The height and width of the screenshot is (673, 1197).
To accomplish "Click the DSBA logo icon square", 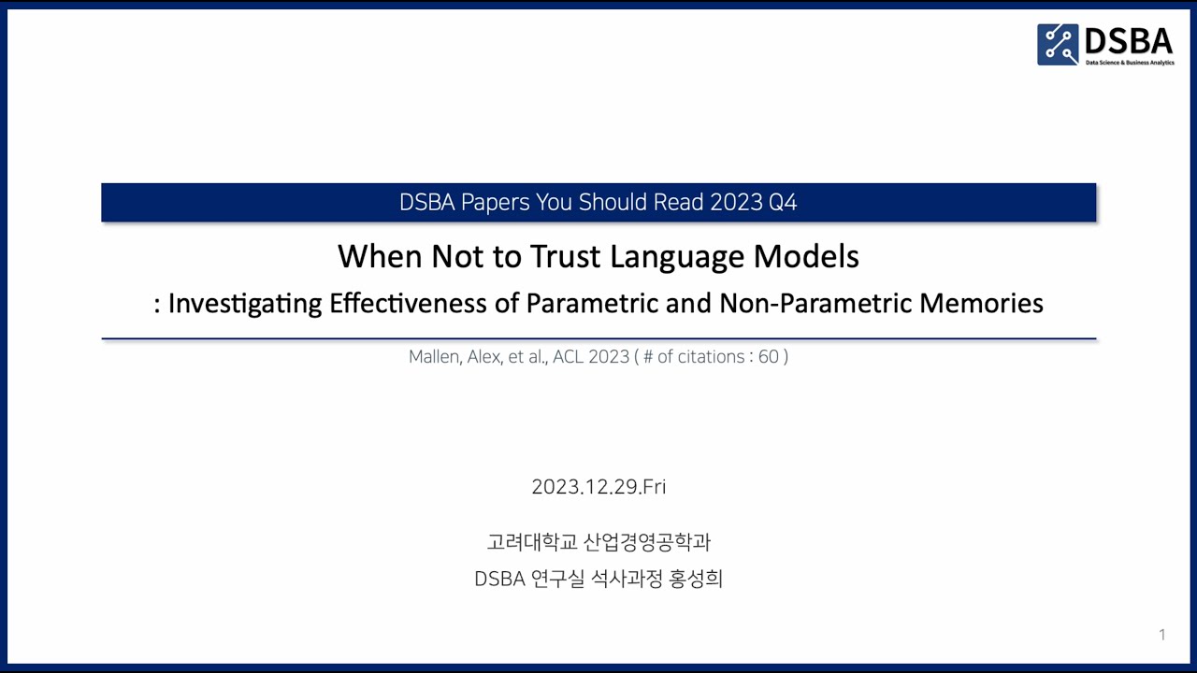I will coord(1058,44).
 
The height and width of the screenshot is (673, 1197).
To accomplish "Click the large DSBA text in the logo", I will coord(1129,40).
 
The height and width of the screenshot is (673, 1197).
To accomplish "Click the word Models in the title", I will coord(806,256).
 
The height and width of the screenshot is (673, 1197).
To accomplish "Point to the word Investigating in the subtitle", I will coord(246,304).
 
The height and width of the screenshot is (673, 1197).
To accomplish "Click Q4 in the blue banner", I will coord(783,202).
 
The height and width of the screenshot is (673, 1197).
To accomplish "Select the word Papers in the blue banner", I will coord(496,202).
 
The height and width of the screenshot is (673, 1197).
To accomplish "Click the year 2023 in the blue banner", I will coord(736,202).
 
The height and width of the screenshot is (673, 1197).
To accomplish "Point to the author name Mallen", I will coord(433,356).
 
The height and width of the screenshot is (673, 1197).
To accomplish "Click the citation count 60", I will coord(769,356).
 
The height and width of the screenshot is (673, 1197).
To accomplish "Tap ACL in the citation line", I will coord(568,356).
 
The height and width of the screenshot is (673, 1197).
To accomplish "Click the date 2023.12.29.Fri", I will coord(598,487).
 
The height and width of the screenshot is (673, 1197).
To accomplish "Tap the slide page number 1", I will coord(1162,635).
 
